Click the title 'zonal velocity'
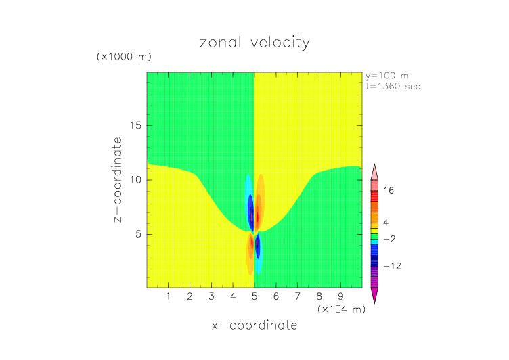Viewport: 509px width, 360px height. point(255,43)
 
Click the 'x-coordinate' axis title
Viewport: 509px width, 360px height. point(255,325)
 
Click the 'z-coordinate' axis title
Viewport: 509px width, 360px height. point(118,180)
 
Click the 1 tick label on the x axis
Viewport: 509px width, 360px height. point(168,296)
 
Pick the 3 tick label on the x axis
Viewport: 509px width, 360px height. point(211,296)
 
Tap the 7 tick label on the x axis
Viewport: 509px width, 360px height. point(297,296)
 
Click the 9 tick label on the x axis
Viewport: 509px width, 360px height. point(340,296)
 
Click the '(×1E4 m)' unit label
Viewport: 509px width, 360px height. point(341,309)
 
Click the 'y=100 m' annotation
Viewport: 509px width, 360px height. point(386,76)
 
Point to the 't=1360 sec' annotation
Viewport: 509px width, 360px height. point(393,86)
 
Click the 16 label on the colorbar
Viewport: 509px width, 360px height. point(389,191)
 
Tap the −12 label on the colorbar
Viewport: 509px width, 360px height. point(392,266)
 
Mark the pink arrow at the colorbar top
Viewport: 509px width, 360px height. point(374,169)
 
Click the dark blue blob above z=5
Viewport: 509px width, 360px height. point(250,211)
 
